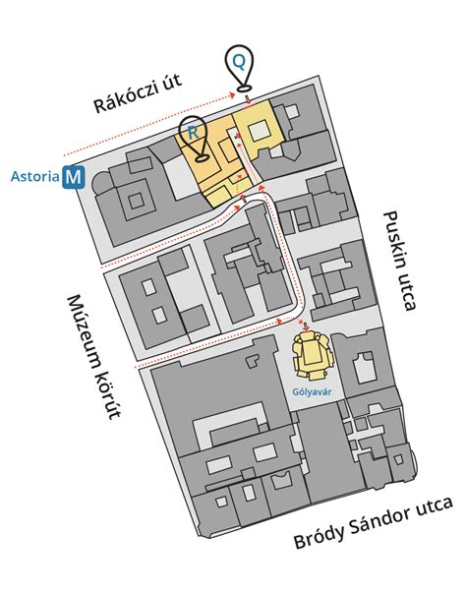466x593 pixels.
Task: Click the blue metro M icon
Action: [74, 177]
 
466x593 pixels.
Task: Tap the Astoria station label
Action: [34, 177]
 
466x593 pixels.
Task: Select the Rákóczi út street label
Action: [138, 93]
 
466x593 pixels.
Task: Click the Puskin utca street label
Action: [399, 261]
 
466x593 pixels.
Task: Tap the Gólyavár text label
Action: [312, 391]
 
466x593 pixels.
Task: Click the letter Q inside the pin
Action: [239, 61]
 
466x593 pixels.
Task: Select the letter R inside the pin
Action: [193, 133]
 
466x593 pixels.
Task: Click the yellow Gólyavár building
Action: [313, 354]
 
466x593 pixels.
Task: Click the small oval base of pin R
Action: [203, 157]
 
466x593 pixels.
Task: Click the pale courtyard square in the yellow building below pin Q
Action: [259, 131]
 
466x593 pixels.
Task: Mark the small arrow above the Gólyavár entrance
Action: [306, 326]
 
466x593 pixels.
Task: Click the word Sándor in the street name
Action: [378, 521]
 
